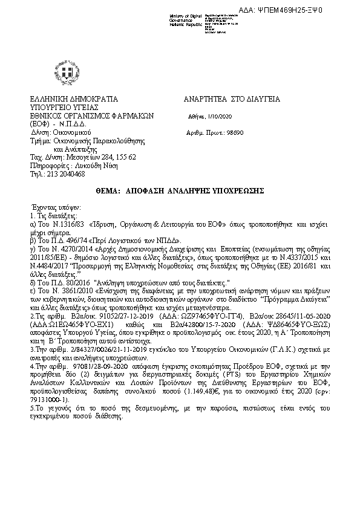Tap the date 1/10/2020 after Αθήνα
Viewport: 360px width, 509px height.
[216, 116]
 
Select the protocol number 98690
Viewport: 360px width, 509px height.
[227, 131]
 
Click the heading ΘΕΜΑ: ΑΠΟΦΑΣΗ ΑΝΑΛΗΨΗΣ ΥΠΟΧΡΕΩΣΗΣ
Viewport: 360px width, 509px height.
[180, 190]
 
